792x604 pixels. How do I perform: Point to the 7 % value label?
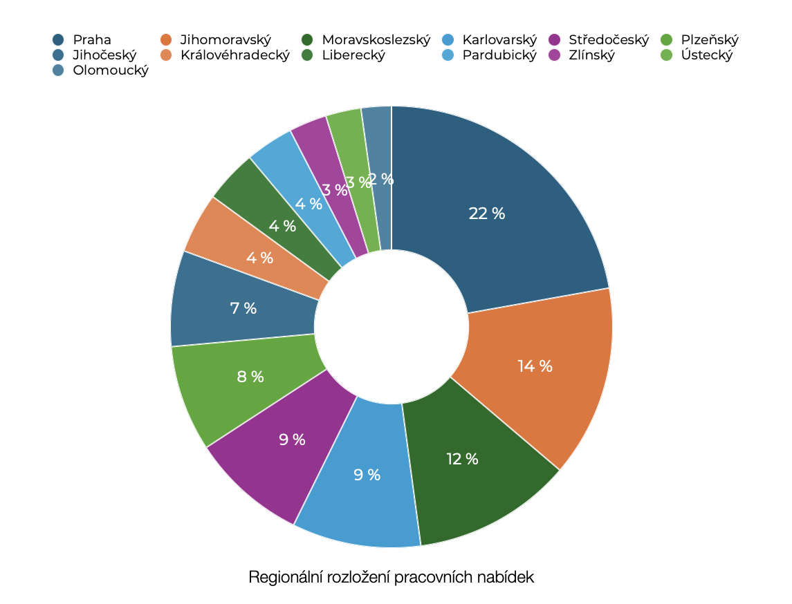pyautogui.click(x=243, y=308)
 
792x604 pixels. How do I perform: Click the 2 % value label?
pyautogui.click(x=381, y=179)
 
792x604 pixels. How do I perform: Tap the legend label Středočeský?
pyautogui.click(x=609, y=40)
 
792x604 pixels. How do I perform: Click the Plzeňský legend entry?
pyautogui.click(x=710, y=40)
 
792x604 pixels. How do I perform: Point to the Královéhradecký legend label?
pyautogui.click(x=234, y=55)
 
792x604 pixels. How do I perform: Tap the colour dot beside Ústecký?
pyautogui.click(x=667, y=55)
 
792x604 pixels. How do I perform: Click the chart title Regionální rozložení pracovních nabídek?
pyautogui.click(x=392, y=577)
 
